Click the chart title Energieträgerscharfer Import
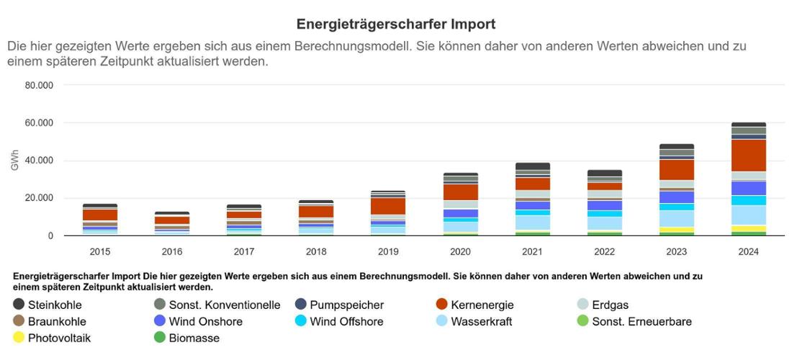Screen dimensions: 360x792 396,24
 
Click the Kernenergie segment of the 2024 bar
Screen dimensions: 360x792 748,155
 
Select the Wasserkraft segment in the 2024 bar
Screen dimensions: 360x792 748,215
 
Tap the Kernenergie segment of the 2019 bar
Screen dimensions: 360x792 388,206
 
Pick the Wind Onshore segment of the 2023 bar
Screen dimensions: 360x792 676,197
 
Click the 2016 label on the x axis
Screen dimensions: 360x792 172,252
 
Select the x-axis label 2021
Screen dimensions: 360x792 532,252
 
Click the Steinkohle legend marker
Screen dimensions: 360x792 19,305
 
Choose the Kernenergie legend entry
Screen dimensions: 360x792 482,305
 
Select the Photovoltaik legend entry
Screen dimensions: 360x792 59,338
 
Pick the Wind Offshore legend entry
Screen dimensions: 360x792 346,321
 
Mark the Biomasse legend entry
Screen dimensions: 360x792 194,338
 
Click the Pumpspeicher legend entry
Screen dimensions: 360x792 346,305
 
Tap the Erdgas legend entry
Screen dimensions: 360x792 610,305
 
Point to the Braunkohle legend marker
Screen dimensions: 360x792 19,321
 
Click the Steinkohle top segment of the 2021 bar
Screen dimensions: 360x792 532,166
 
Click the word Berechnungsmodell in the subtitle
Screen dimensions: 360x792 354,46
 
